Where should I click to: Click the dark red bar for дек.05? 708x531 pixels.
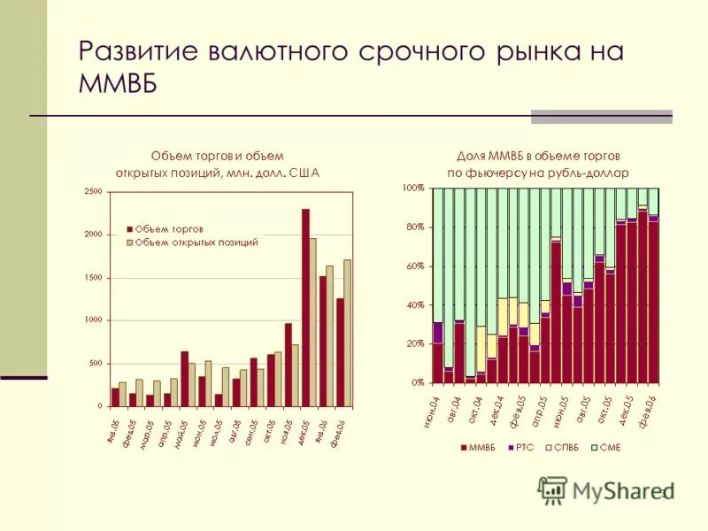click(x=305, y=307)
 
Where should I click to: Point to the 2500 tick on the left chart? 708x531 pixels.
click(x=93, y=191)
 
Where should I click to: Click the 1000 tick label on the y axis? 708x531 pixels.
click(x=93, y=320)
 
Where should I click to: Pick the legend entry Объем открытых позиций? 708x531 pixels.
click(x=196, y=242)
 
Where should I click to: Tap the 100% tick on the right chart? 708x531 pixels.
click(x=413, y=189)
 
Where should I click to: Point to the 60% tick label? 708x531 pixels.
click(x=415, y=266)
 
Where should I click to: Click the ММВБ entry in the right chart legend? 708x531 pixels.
click(x=479, y=448)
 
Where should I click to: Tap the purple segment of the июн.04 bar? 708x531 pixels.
click(x=437, y=333)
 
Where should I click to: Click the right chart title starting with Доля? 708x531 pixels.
click(x=537, y=164)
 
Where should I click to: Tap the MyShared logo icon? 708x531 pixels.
click(x=553, y=489)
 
